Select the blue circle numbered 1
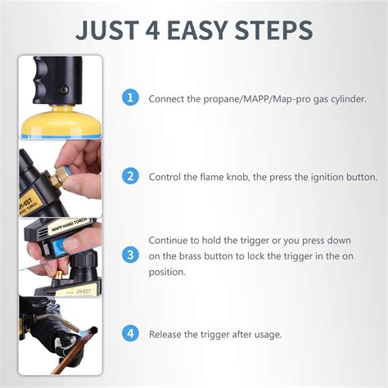pos(129,98)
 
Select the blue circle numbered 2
pos(129,176)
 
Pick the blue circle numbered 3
pos(129,255)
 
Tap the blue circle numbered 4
pos(129,333)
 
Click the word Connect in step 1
pos(166,99)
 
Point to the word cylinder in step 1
pos(347,99)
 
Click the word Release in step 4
pos(166,334)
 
